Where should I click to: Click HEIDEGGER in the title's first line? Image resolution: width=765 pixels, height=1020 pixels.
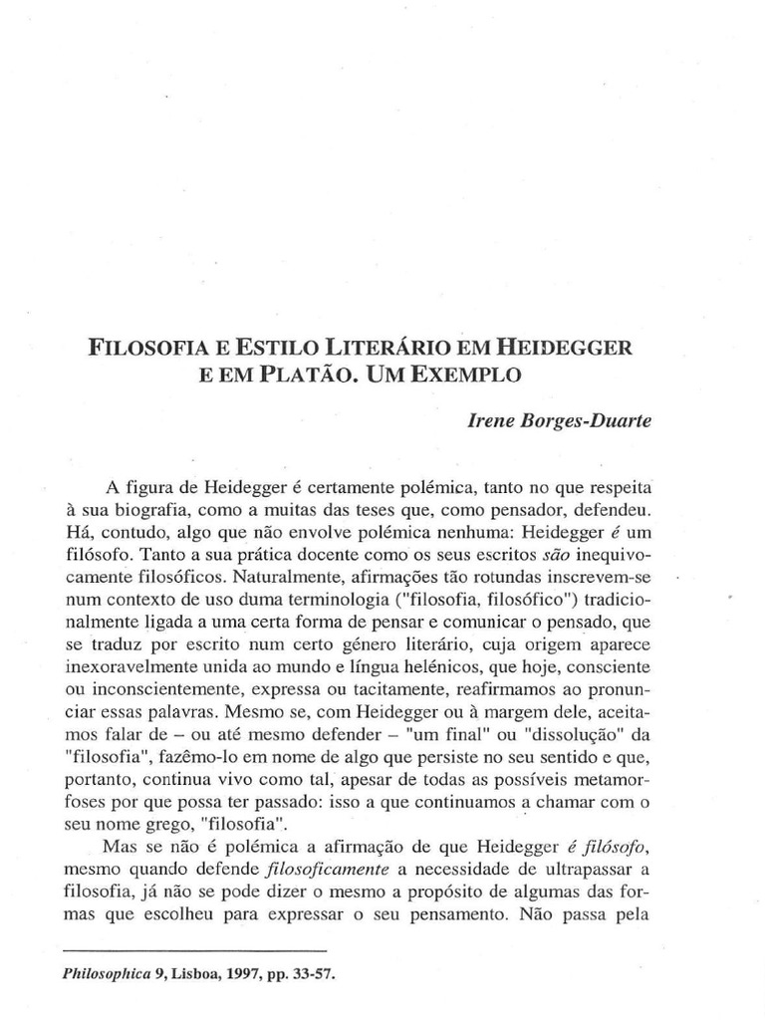569,350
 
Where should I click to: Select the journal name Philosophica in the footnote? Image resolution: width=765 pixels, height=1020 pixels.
110,976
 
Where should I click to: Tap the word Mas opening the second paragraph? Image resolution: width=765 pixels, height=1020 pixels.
122,847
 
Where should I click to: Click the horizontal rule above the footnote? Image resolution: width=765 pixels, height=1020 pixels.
194,951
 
